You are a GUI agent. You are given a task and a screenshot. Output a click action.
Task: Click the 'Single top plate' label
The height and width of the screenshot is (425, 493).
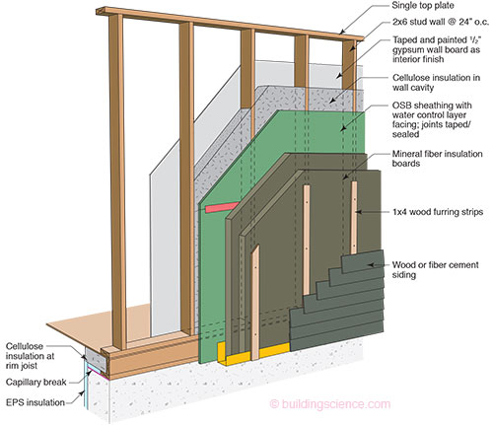(x=423, y=6)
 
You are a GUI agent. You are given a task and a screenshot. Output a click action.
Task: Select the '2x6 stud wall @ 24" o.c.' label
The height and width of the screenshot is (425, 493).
(x=441, y=23)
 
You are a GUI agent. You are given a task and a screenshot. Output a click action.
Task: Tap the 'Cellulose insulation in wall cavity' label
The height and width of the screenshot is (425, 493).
(x=436, y=83)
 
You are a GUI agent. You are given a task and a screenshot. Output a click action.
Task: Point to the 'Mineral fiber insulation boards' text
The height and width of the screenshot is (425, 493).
(x=437, y=159)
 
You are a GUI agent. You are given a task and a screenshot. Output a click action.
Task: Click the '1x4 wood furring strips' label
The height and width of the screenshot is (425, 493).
(x=438, y=212)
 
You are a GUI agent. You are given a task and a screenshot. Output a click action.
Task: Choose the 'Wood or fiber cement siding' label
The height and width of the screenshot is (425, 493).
(x=435, y=269)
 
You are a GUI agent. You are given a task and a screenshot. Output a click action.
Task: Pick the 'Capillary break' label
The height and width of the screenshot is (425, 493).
(x=36, y=382)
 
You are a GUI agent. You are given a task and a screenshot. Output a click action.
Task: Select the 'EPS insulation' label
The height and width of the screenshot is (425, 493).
(x=35, y=402)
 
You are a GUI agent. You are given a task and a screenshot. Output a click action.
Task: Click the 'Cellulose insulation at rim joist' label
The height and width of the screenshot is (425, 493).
(x=30, y=356)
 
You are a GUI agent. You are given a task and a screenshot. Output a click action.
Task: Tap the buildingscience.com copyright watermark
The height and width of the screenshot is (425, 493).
(x=330, y=404)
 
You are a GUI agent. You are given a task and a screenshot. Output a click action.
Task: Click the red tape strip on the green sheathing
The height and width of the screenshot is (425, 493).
(x=222, y=207)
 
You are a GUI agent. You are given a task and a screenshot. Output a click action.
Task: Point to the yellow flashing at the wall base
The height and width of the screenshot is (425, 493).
(x=253, y=353)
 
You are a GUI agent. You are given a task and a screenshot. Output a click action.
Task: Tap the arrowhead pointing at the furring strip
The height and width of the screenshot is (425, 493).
(x=358, y=212)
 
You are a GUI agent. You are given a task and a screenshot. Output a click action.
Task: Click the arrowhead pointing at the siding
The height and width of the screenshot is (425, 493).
(x=371, y=264)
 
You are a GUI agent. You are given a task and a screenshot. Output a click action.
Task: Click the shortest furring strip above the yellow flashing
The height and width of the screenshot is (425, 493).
(x=255, y=303)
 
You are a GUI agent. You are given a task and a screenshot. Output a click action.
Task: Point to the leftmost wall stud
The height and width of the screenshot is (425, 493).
(x=117, y=180)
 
